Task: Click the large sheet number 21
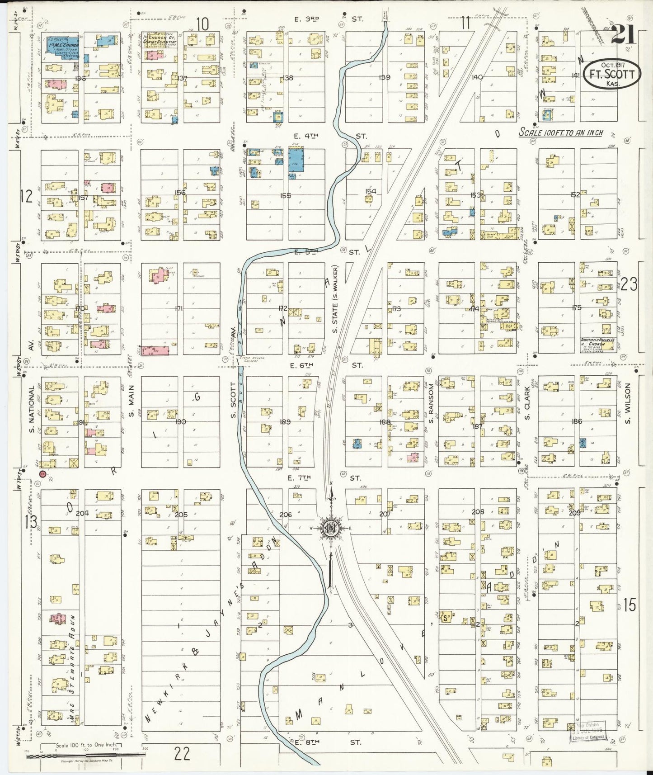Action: [x=624, y=34]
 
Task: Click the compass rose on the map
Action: [x=330, y=528]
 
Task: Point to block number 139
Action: [x=384, y=77]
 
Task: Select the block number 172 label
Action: [x=283, y=308]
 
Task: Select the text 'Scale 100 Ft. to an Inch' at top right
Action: [x=561, y=133]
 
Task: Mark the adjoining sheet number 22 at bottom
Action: [x=182, y=754]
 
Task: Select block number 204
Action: [x=82, y=513]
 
